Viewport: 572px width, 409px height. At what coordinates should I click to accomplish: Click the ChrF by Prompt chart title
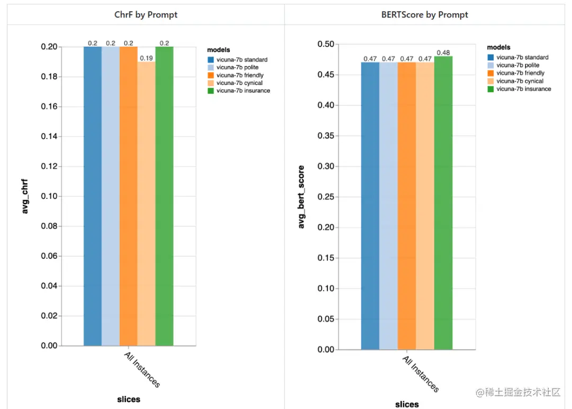tap(146, 15)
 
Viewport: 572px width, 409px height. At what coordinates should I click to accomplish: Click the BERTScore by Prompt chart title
tap(425, 15)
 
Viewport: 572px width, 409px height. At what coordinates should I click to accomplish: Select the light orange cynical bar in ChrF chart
tap(147, 202)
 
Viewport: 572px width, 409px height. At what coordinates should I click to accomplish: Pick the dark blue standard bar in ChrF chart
tap(93, 196)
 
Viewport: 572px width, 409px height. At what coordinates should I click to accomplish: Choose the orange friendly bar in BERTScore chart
tap(407, 207)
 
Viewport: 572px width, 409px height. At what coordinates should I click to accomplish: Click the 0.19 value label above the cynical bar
tap(146, 57)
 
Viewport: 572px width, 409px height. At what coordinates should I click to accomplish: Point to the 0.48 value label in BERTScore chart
tap(443, 52)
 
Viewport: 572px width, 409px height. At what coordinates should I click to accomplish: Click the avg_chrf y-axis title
tap(25, 196)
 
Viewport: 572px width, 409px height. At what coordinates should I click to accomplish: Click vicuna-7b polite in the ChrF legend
tap(239, 67)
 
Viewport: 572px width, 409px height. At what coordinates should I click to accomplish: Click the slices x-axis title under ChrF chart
tap(129, 399)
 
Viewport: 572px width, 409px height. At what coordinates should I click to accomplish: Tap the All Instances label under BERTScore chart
tap(421, 375)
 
